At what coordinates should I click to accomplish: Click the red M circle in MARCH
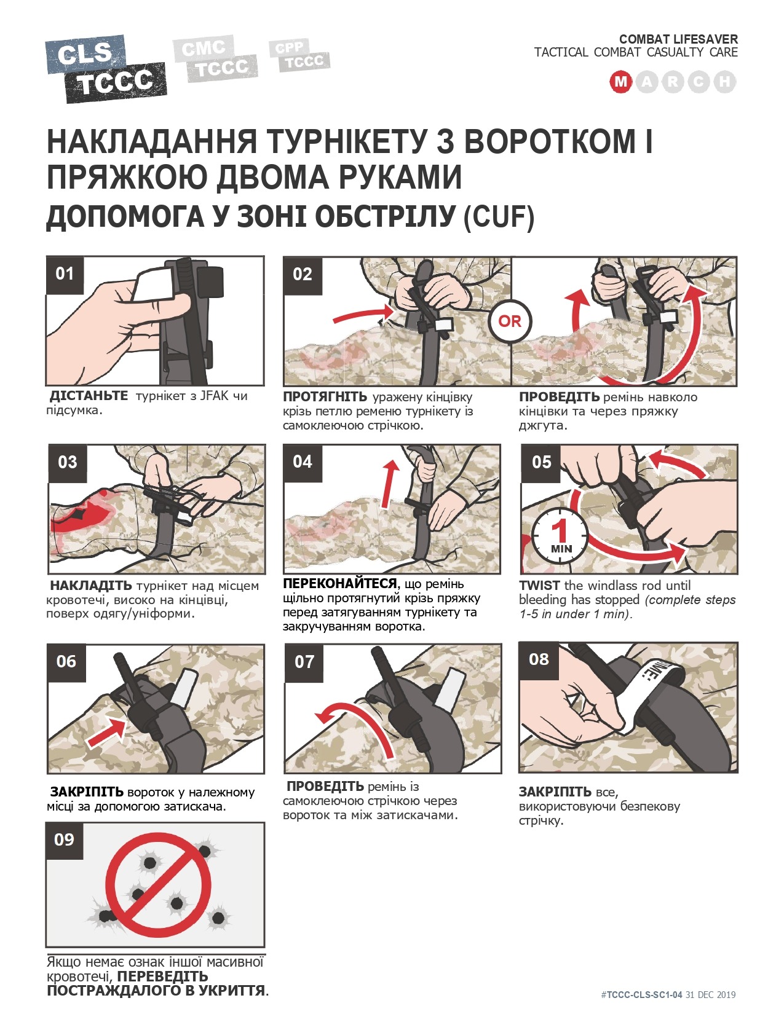(x=620, y=82)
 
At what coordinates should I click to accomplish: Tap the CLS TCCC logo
(x=106, y=69)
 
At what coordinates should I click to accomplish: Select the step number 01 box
(x=65, y=274)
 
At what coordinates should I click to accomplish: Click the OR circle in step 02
(x=510, y=321)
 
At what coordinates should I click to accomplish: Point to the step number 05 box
(x=540, y=463)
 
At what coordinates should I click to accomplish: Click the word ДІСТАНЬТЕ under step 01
(x=89, y=396)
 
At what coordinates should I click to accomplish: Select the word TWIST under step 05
(x=539, y=586)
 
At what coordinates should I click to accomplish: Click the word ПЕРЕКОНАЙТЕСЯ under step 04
(x=340, y=584)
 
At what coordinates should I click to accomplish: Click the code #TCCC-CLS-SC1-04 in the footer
(x=641, y=995)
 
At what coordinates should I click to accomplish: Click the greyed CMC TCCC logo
(x=215, y=58)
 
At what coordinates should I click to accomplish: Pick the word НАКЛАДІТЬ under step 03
(x=92, y=586)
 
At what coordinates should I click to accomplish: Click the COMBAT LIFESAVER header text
(x=678, y=39)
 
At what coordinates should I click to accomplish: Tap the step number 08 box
(x=539, y=659)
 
